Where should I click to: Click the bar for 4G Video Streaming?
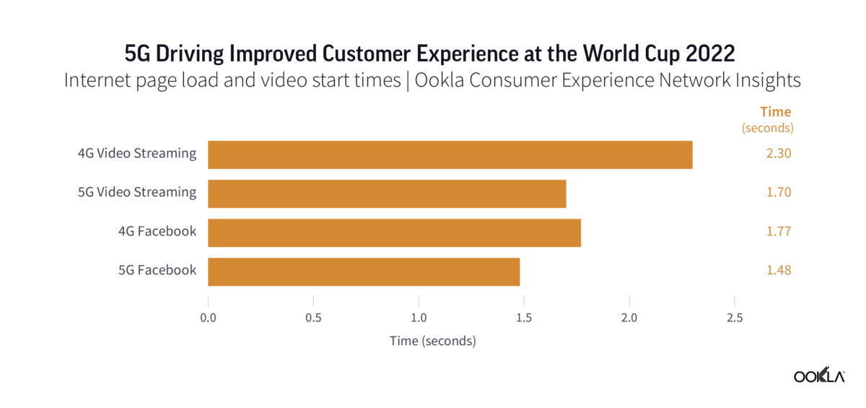450,155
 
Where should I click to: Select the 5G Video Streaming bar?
387,194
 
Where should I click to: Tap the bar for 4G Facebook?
394,233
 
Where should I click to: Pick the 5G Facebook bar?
364,272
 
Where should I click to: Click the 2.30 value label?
779,154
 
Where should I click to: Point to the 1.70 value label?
779,193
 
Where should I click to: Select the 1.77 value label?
779,232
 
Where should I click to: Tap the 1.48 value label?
779,271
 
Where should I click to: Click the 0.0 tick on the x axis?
208,318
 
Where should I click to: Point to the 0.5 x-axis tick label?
313,318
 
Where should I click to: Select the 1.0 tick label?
419,318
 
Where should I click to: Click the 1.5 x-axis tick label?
524,318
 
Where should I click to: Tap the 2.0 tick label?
629,318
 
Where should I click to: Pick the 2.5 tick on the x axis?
735,318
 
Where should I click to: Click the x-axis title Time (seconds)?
432,341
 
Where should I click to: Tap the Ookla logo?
819,376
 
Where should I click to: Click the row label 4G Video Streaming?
137,153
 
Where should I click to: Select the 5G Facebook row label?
157,270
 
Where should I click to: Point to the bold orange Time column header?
776,112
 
